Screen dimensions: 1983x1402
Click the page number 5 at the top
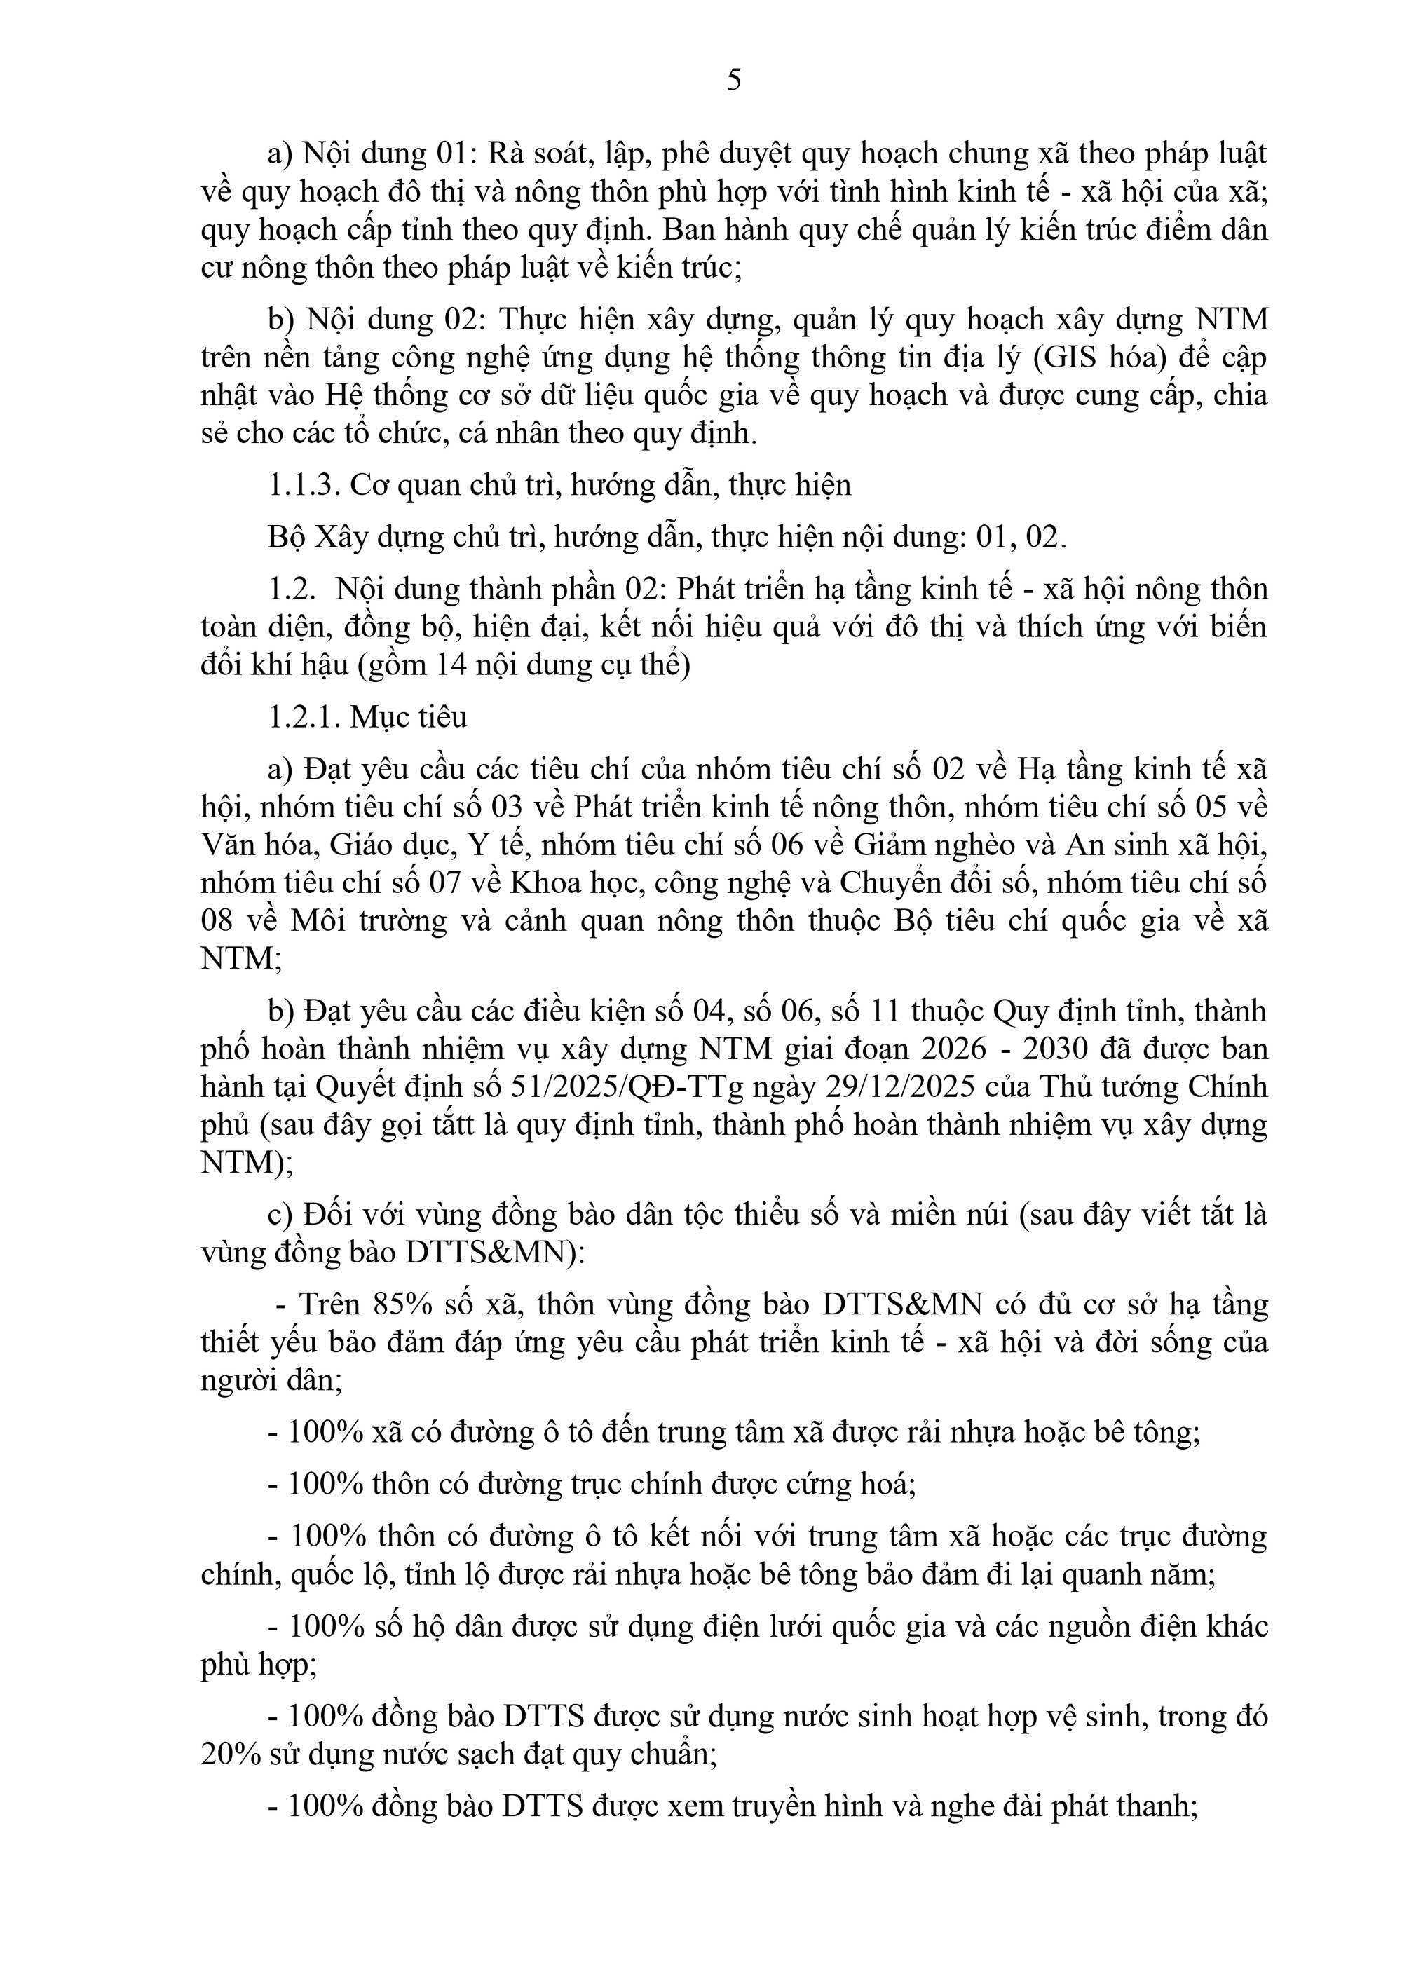pyautogui.click(x=733, y=81)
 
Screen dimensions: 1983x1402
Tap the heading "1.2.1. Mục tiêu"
pyautogui.click(x=368, y=717)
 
